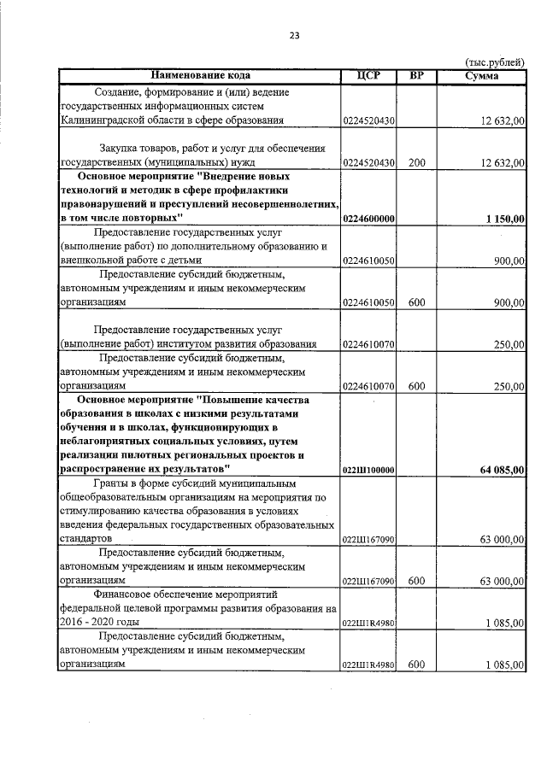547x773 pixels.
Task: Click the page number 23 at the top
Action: (294, 35)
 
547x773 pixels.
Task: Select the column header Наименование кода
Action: (200, 76)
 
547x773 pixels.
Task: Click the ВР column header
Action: (416, 76)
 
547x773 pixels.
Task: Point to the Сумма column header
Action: (482, 76)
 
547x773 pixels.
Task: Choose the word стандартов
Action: (86, 539)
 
